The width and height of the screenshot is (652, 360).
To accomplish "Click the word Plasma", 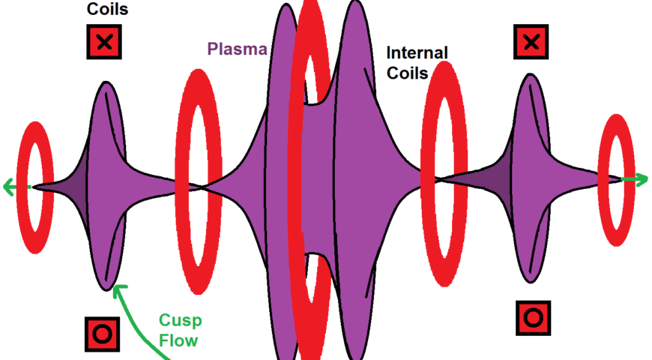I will (x=237, y=50).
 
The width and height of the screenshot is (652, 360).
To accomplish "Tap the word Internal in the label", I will (x=417, y=53).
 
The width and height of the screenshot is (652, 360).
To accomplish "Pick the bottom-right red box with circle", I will (x=533, y=317).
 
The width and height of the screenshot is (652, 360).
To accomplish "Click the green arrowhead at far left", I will (x=8, y=186).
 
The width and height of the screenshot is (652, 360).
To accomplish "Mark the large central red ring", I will (x=310, y=180).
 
